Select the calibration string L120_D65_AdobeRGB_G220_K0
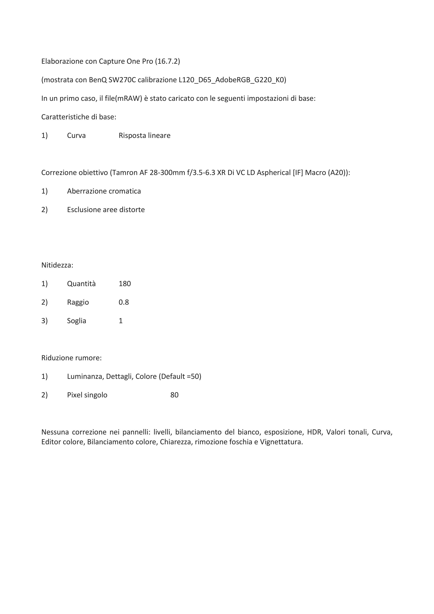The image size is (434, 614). (232, 80)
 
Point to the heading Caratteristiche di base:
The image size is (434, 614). (79, 117)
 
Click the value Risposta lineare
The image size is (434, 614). (144, 136)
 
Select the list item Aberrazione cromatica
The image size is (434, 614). (104, 191)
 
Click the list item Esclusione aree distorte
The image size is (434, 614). (106, 210)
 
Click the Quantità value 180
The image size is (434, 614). (125, 284)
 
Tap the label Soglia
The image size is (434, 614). (76, 321)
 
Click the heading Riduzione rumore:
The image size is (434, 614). (71, 358)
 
